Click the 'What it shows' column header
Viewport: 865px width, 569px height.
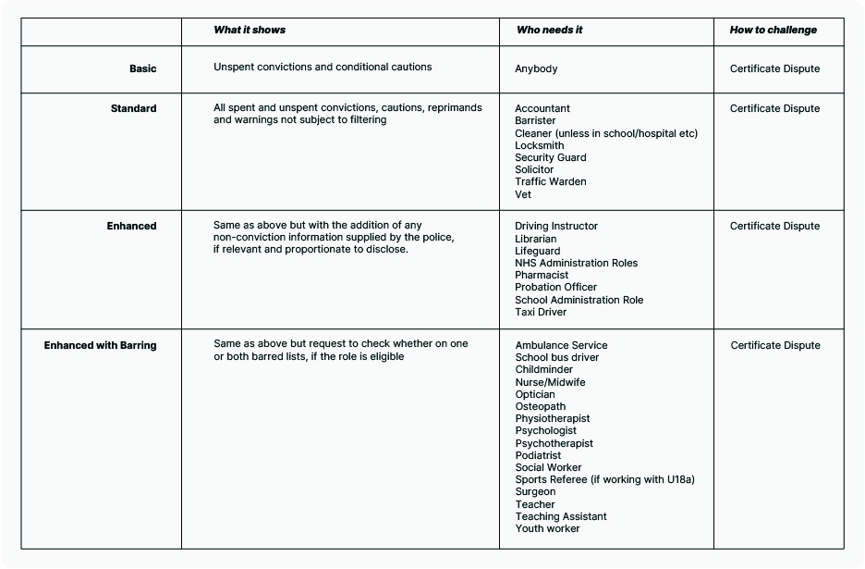(x=250, y=30)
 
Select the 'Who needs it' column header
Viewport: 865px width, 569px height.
(x=549, y=30)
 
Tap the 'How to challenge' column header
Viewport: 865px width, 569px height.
(x=773, y=30)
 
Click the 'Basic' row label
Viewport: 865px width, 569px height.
(x=143, y=68)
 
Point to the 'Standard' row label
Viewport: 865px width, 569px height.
(x=134, y=108)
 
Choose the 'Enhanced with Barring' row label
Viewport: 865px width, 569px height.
(x=101, y=345)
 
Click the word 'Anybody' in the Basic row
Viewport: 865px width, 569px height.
(x=536, y=68)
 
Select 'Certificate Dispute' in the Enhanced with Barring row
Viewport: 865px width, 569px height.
(x=775, y=345)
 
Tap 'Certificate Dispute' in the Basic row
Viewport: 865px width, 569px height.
(x=774, y=68)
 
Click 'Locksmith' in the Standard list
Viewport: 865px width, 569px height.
(x=539, y=145)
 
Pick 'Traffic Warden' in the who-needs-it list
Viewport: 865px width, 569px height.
(x=551, y=181)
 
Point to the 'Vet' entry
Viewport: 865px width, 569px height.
(x=523, y=194)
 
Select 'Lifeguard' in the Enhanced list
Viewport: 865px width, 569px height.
(x=537, y=251)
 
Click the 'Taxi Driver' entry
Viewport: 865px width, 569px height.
(x=541, y=312)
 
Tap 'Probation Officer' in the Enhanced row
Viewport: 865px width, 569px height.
(x=555, y=287)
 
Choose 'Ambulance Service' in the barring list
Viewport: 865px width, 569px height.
(x=561, y=345)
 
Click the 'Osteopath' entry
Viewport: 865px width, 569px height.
(x=541, y=406)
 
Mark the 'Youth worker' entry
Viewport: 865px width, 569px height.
(x=547, y=528)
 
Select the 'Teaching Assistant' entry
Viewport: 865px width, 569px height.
(x=561, y=516)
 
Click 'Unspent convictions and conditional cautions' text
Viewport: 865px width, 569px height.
(x=323, y=67)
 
